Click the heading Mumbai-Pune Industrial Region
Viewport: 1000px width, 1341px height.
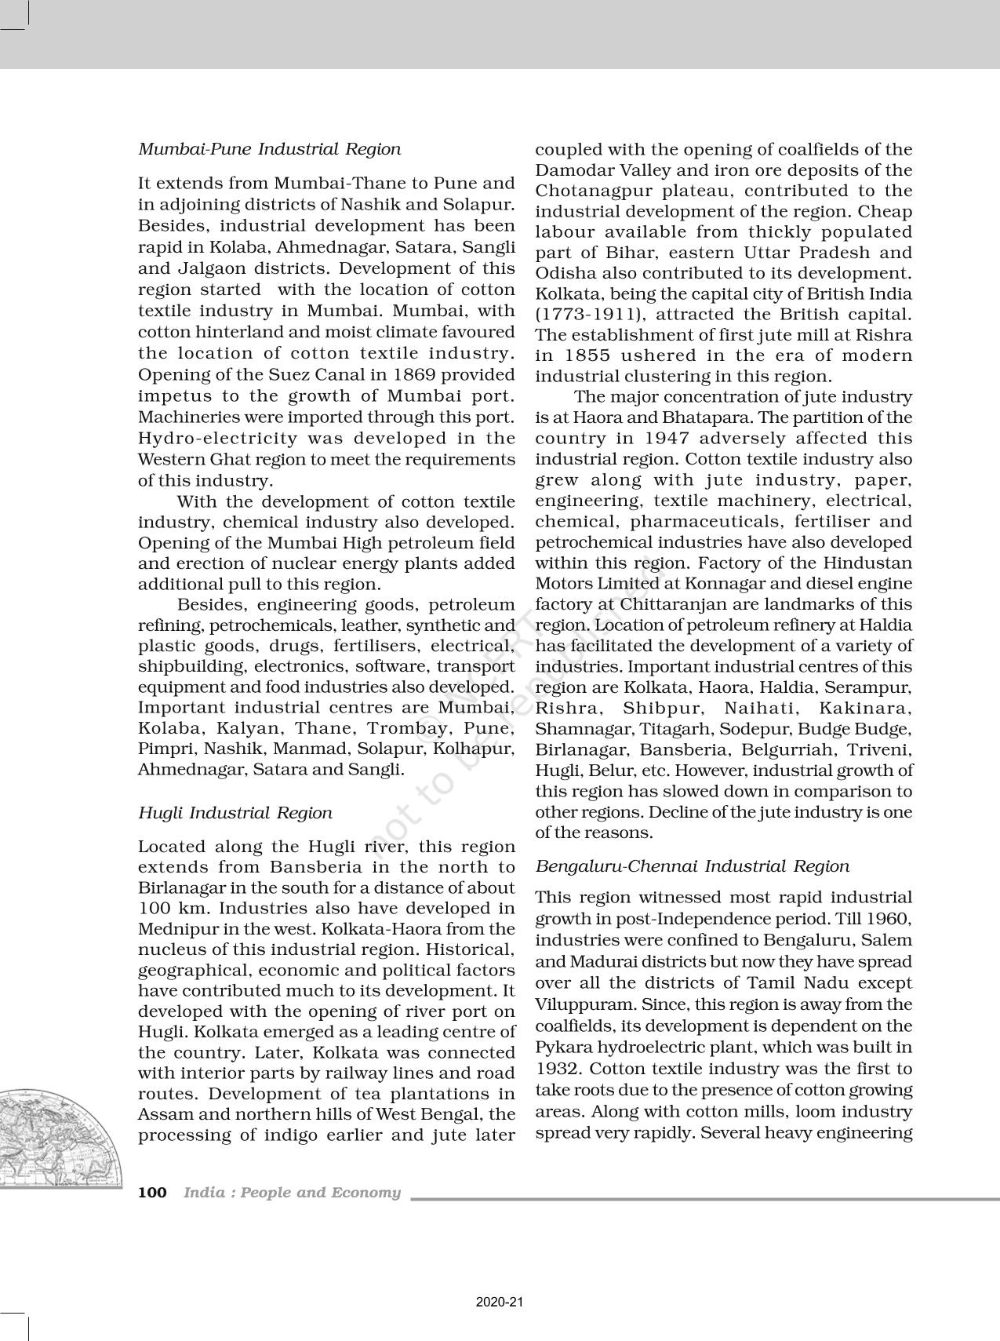pos(269,149)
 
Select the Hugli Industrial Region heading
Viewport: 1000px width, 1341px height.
pos(235,813)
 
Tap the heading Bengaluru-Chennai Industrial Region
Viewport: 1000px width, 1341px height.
pos(692,866)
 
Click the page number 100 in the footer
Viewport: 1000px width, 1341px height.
pos(152,1193)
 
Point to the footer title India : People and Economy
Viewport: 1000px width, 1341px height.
pos(292,1193)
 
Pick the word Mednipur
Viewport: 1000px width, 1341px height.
pos(176,929)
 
